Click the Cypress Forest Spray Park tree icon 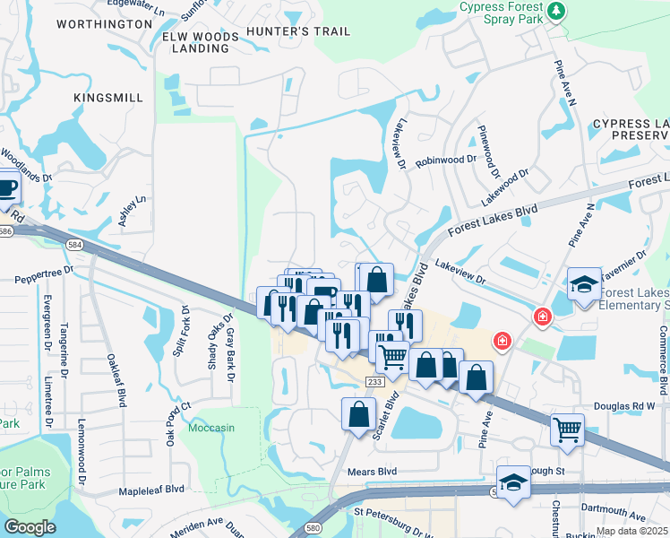pyautogui.click(x=558, y=11)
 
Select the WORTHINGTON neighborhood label pyautogui.click(x=104, y=23)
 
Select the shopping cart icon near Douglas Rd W pyautogui.click(x=567, y=430)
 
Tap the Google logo pyautogui.click(x=30, y=527)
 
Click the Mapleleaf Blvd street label pyautogui.click(x=151, y=490)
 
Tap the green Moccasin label pyautogui.click(x=211, y=428)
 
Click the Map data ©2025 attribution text pyautogui.click(x=631, y=531)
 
